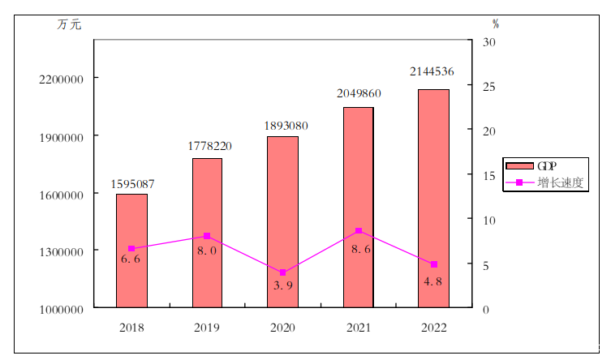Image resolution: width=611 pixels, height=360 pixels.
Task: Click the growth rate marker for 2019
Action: pyautogui.click(x=207, y=236)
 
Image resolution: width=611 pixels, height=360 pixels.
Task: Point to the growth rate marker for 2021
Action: pyautogui.click(x=358, y=231)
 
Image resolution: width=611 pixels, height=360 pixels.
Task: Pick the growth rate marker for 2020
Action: pyautogui.click(x=282, y=272)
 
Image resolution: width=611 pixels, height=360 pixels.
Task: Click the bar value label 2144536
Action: pyautogui.click(x=432, y=72)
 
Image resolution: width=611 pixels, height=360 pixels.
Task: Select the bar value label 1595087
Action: pyautogui.click(x=132, y=184)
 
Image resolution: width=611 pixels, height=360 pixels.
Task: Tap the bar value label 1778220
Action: pyautogui.click(x=209, y=146)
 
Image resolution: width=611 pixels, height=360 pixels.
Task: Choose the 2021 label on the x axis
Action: pyautogui.click(x=358, y=328)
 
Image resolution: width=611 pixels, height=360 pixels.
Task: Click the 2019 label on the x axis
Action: pyautogui.click(x=207, y=328)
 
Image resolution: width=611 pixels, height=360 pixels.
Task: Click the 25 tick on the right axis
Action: pyautogui.click(x=489, y=86)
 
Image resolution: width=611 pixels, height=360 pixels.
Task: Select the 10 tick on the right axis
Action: pyautogui.click(x=489, y=221)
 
